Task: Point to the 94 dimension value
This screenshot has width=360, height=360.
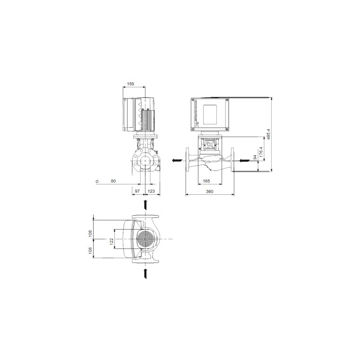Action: (x=254, y=157)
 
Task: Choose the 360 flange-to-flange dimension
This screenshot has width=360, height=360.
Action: (x=210, y=192)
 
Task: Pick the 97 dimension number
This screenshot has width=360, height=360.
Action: (x=138, y=192)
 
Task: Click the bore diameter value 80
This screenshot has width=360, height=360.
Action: (x=113, y=181)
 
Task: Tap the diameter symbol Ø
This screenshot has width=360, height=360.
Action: (x=97, y=181)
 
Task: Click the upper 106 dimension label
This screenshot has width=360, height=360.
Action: (x=90, y=233)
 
